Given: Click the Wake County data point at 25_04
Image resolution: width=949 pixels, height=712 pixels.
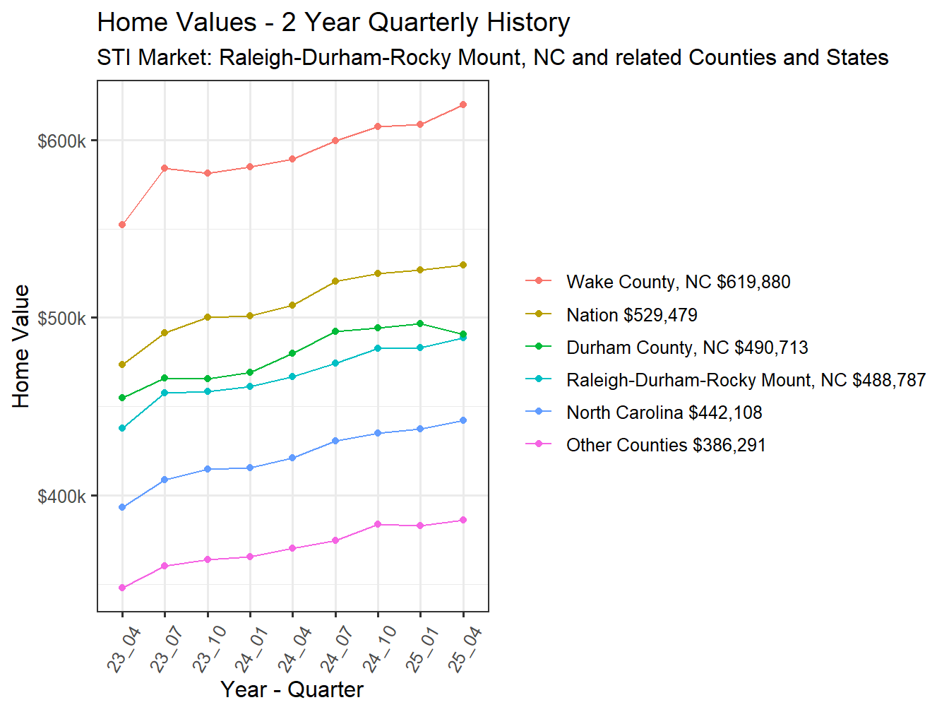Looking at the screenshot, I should [x=463, y=105].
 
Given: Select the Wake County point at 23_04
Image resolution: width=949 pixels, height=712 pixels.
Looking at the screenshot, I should [x=122, y=225].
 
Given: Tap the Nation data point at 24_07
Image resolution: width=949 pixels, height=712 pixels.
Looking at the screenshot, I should [x=335, y=281].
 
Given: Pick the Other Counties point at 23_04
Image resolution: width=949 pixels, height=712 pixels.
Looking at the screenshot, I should [x=122, y=588].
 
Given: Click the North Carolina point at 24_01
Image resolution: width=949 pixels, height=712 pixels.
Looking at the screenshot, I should [x=250, y=468].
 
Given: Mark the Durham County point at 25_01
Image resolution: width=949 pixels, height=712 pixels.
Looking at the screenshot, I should [x=421, y=324].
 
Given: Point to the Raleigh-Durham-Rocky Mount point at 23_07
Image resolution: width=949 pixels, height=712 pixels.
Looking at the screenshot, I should [x=165, y=393].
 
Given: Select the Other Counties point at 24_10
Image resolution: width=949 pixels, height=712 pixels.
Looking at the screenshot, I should [x=378, y=524].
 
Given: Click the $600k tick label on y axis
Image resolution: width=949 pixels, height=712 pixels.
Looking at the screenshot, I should [x=61, y=141].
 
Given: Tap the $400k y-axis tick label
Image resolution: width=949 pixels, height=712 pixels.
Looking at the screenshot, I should [x=61, y=497].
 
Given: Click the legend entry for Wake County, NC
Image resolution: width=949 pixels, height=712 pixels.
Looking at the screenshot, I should [x=678, y=282].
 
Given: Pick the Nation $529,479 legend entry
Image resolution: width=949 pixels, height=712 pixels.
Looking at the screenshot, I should [x=631, y=315].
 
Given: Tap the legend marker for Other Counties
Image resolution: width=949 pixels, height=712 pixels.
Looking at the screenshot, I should [x=539, y=445].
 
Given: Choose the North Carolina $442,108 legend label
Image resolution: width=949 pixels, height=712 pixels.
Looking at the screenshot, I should [x=664, y=413].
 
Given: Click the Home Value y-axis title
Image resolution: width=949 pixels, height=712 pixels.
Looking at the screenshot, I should [x=21, y=346].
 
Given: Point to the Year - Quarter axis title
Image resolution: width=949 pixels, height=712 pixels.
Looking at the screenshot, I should [x=292, y=689].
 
